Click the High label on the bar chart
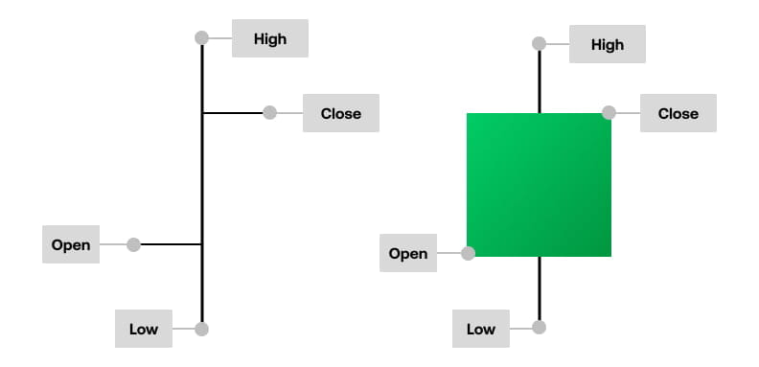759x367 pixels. [x=269, y=38]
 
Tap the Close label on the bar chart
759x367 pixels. [x=340, y=113]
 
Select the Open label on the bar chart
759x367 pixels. [x=71, y=244]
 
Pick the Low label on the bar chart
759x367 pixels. [x=144, y=329]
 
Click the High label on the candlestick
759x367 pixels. [x=607, y=44]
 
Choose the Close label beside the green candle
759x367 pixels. [x=678, y=113]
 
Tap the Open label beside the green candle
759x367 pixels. [x=408, y=253]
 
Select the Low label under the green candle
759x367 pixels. [x=481, y=329]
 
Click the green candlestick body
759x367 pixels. [x=539, y=184]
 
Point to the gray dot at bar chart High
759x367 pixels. [x=201, y=38]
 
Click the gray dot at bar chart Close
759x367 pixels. [x=270, y=113]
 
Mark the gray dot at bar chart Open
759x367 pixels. [x=133, y=244]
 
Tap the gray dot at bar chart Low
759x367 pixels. [x=201, y=329]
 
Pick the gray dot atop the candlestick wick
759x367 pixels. [x=539, y=44]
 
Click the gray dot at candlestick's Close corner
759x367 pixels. [x=609, y=113]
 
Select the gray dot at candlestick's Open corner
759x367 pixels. [x=468, y=254]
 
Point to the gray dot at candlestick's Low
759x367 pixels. [x=539, y=328]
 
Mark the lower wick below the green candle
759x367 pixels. [x=540, y=287]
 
